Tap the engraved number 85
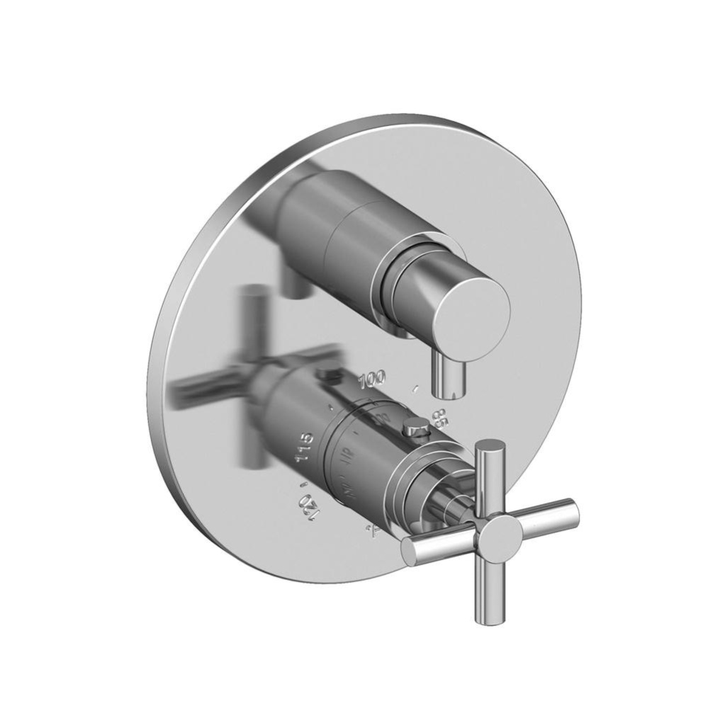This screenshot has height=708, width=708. coord(439,418)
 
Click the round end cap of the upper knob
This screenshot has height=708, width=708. coord(471,312)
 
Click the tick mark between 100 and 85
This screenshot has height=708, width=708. coord(416,388)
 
